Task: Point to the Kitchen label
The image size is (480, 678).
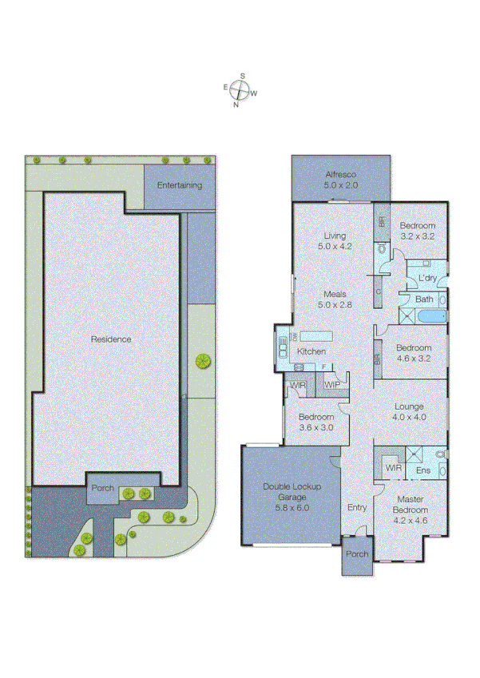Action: pyautogui.click(x=311, y=352)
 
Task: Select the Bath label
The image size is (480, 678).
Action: pyautogui.click(x=424, y=299)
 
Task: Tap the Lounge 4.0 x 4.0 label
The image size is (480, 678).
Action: pyautogui.click(x=408, y=411)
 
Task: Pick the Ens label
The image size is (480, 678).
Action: pyautogui.click(x=423, y=470)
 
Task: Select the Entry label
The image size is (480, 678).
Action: pyautogui.click(x=356, y=508)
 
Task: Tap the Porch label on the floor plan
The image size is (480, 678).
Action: pyautogui.click(x=357, y=553)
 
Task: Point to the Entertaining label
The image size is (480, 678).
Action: pyautogui.click(x=179, y=185)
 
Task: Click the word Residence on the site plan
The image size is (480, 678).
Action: pyautogui.click(x=110, y=339)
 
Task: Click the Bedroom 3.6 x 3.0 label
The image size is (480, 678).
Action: pyautogui.click(x=316, y=422)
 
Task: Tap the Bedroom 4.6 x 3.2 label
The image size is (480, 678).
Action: pyautogui.click(x=415, y=352)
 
